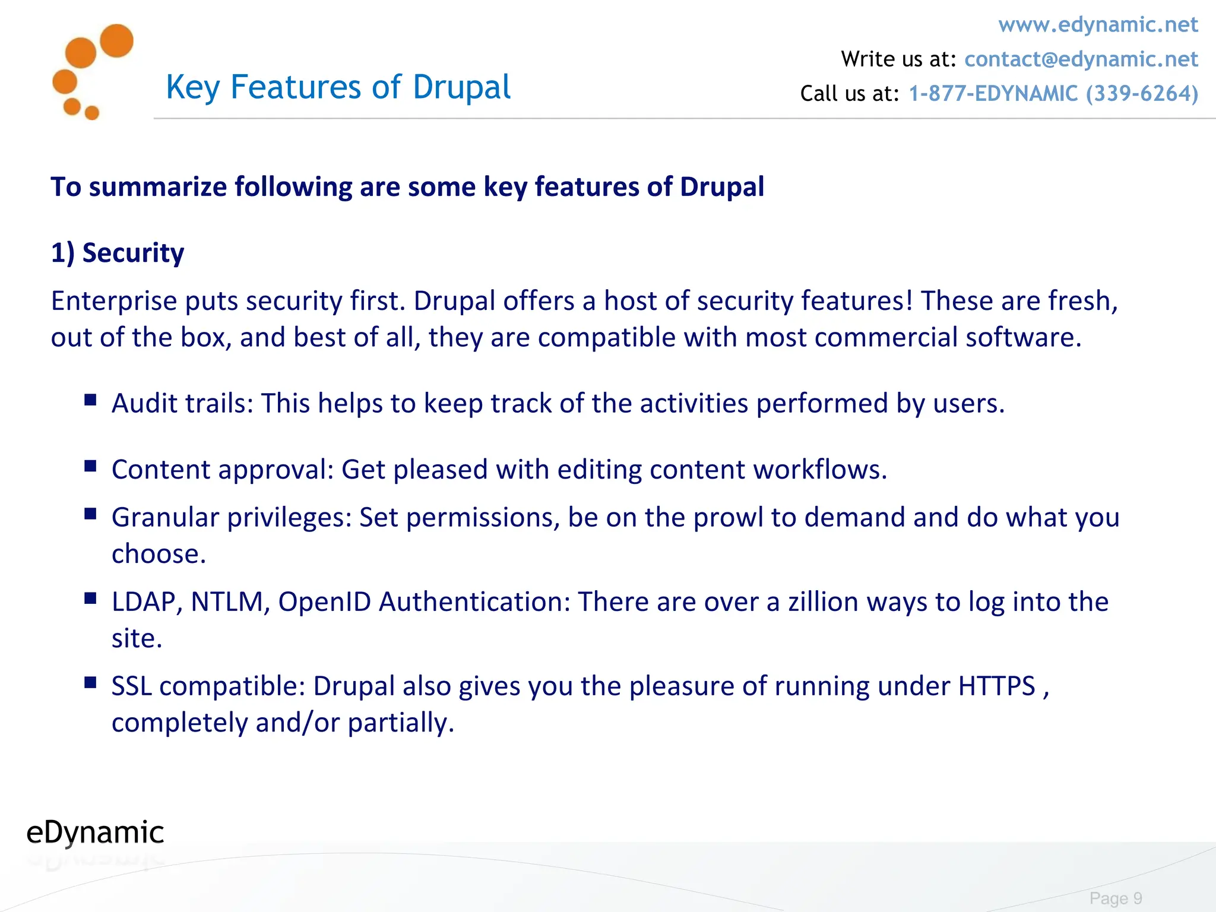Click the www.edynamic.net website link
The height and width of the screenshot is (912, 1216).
click(1098, 25)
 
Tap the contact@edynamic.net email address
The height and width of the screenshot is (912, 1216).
click(1081, 59)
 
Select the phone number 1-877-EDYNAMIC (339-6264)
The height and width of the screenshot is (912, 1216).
click(1053, 94)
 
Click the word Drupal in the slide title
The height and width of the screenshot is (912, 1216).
click(461, 87)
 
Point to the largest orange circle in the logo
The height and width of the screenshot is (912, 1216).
click(116, 41)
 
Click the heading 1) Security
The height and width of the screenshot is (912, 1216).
click(118, 253)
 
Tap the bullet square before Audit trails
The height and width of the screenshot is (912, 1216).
click(90, 400)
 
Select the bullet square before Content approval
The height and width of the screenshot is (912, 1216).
click(90, 466)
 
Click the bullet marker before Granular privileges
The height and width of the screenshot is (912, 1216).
click(90, 514)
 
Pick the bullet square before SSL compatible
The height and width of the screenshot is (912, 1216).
click(90, 683)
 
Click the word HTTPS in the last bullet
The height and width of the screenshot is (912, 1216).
click(996, 686)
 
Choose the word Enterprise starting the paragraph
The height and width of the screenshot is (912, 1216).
click(114, 302)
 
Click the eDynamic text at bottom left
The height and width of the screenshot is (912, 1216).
click(95, 832)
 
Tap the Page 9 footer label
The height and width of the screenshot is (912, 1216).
click(1116, 898)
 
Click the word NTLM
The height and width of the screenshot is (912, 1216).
click(227, 602)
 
